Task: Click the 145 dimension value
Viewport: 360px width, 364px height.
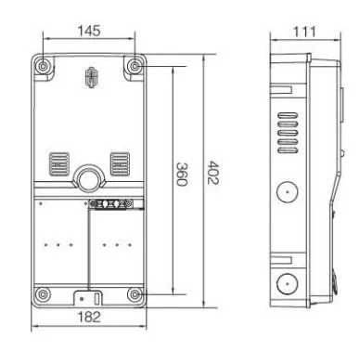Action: [89, 31]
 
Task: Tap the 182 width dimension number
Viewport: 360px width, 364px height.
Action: [89, 317]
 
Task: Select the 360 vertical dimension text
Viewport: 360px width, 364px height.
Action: [182, 174]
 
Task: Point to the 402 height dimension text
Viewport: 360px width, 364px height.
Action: [213, 173]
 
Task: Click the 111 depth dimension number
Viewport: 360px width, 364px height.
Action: [304, 32]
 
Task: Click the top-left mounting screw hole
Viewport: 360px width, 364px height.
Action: [43, 66]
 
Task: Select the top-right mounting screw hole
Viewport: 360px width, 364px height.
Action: [135, 66]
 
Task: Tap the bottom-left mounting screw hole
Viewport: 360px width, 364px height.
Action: [43, 293]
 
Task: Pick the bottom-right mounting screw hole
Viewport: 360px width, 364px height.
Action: [135, 293]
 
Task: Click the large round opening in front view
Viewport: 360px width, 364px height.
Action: [88, 178]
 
